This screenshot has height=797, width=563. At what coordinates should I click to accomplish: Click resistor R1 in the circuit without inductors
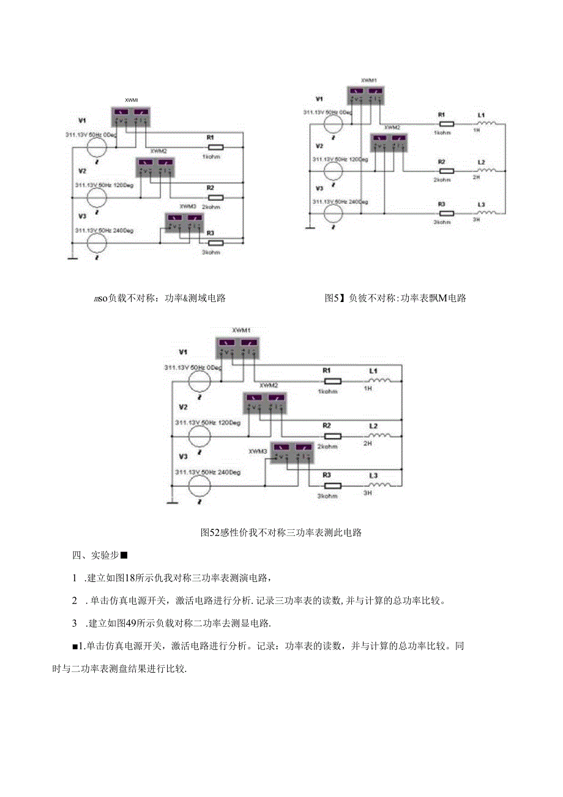pyautogui.click(x=216, y=147)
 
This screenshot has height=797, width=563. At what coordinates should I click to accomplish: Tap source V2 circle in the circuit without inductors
pyautogui.click(x=96, y=197)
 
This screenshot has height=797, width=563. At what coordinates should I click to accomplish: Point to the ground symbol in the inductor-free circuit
pyautogui.click(x=72, y=259)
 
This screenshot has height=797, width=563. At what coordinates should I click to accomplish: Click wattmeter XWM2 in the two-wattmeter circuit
pyautogui.click(x=390, y=143)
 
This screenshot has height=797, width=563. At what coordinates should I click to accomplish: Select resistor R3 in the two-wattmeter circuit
pyautogui.click(x=446, y=214)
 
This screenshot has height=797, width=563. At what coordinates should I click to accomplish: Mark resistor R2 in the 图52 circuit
pyautogui.click(x=332, y=436)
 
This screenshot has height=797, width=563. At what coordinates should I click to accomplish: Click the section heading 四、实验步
pyautogui.click(x=99, y=556)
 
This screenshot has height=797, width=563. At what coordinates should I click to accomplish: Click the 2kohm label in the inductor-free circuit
pyautogui.click(x=211, y=207)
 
